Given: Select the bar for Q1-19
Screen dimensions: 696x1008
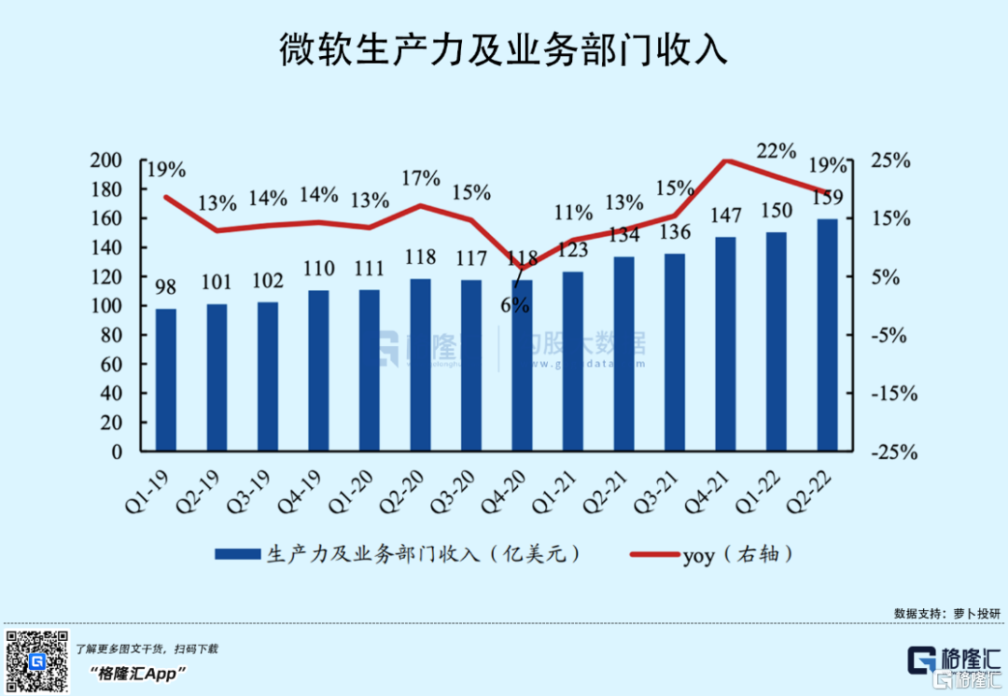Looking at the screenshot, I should pos(165,380).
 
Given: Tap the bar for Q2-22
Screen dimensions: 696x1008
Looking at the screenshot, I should pos(827,335).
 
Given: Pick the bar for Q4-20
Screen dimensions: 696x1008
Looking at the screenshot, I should pos(522,365).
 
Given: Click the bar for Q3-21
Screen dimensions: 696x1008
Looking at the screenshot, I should pos(675,352).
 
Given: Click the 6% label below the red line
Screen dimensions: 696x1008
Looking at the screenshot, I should pos(514,304).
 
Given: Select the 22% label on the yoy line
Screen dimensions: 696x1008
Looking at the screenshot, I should pos(777,151).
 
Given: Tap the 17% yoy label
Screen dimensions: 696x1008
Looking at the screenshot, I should pos(420,177).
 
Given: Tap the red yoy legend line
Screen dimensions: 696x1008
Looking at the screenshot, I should pos(653,554).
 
